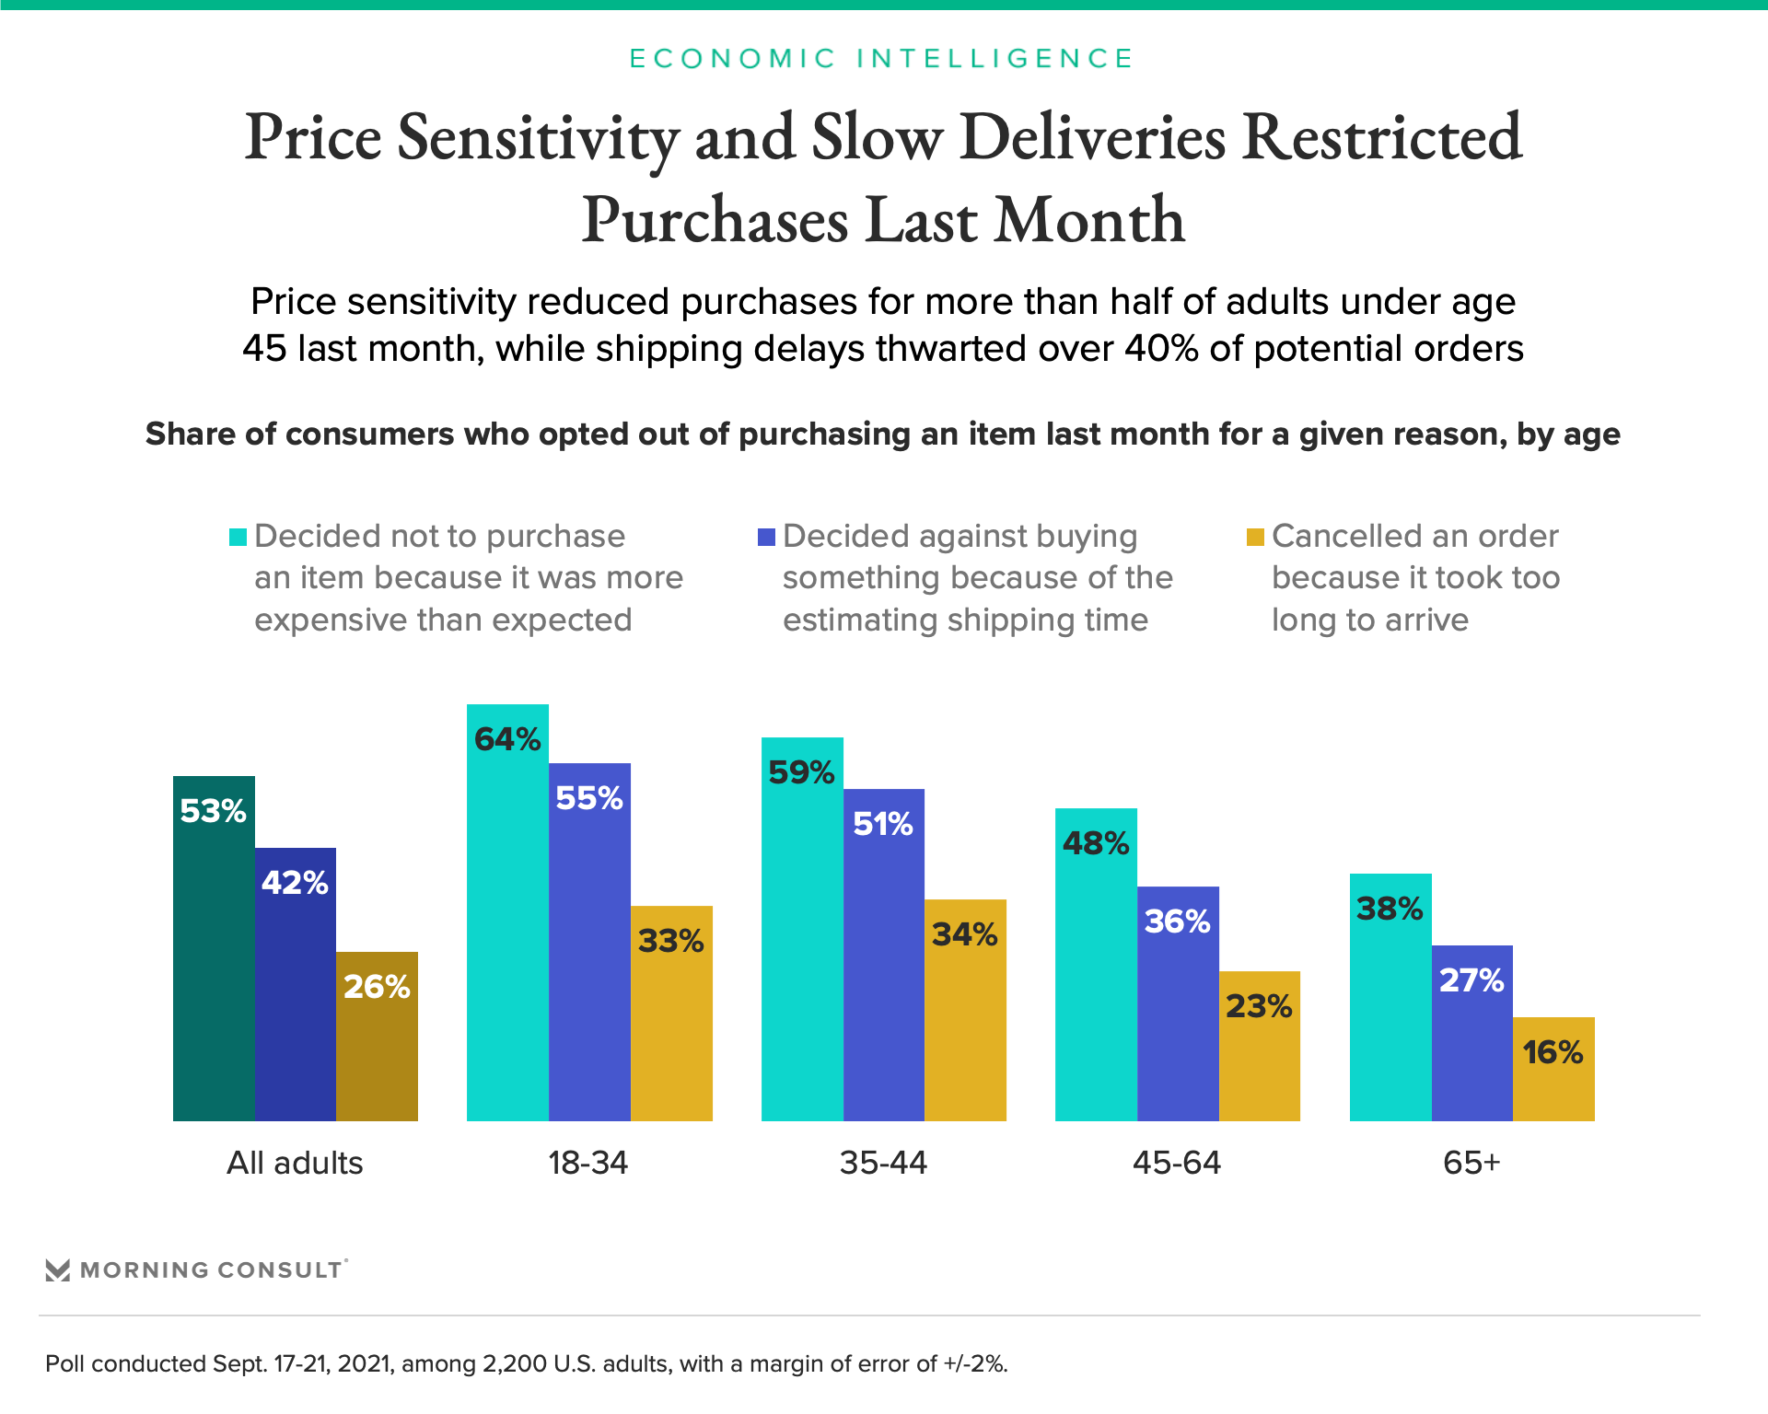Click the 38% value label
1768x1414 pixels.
pos(1390,909)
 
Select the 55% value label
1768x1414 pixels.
pos(589,797)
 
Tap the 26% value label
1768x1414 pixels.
pos(377,987)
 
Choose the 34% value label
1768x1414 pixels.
pos(964,934)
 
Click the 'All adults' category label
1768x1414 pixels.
pos(295,1163)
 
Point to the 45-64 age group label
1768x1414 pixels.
pos(1177,1163)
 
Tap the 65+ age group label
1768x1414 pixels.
pos(1471,1163)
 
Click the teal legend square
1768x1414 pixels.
pos(238,537)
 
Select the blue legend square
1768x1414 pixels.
pos(766,537)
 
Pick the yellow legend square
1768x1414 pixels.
pos(1255,537)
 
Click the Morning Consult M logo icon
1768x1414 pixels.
pos(58,1270)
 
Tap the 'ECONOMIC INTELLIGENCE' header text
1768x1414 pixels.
pos(881,59)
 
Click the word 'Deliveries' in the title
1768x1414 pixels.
pos(1093,137)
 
